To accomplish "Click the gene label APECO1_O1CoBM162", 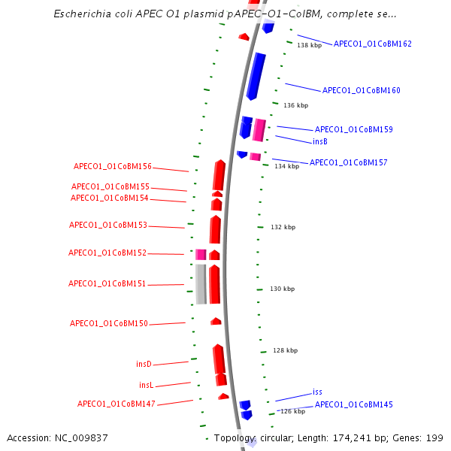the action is [x=372, y=44].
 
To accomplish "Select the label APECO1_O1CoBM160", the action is [x=361, y=90].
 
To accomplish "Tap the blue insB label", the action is [x=319, y=141].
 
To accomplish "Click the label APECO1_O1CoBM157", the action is [x=348, y=162].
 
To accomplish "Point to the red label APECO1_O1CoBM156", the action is [x=112, y=167].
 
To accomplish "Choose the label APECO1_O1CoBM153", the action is [x=107, y=225].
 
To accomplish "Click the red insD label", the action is [x=144, y=364].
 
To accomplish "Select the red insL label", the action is [x=146, y=385].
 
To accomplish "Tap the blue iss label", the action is [x=317, y=392].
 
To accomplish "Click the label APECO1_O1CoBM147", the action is [x=116, y=404].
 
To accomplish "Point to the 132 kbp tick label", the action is [x=283, y=227].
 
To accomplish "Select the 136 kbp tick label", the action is [x=295, y=106].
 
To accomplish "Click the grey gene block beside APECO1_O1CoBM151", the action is [x=201, y=283].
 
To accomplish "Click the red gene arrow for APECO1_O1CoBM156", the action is [x=219, y=175].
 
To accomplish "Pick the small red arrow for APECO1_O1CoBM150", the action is [x=216, y=321].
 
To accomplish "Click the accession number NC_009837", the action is [x=83, y=437].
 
